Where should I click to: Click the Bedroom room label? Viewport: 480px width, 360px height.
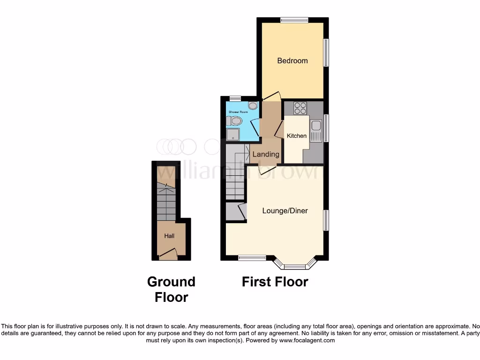click(292, 60)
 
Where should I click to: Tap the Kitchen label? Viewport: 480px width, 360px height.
click(297, 136)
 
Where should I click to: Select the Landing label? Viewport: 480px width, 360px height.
click(266, 154)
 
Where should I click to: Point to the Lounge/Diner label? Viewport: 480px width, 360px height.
click(285, 210)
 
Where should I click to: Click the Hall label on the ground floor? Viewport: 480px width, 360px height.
click(169, 236)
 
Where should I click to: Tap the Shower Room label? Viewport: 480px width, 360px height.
click(237, 112)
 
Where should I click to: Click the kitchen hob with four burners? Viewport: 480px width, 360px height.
click(300, 108)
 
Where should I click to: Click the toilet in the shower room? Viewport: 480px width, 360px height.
click(234, 121)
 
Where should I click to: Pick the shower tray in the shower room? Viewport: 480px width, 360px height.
click(233, 135)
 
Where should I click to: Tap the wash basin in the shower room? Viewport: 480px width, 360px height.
click(253, 105)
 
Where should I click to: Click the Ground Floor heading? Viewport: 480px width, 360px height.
click(171, 289)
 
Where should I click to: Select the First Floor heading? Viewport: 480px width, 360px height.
click(275, 282)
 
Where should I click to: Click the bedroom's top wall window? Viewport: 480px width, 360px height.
click(294, 20)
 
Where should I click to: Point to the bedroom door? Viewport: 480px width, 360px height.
click(271, 96)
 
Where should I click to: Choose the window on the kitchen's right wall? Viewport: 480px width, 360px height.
click(326, 127)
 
